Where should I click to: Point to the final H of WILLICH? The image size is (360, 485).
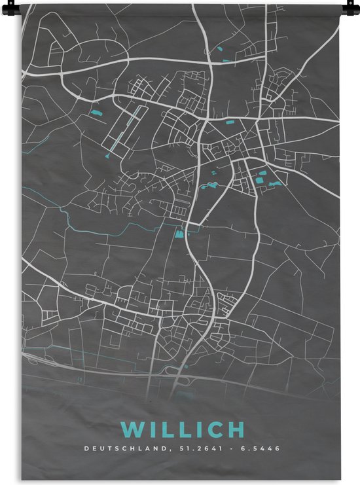click(232, 430)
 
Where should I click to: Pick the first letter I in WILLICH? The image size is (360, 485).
click(152, 430)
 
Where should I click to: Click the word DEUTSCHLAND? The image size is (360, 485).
click(120, 450)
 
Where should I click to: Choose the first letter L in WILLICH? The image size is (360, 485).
click(168, 430)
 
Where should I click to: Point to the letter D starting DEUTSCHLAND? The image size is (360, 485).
click(85, 450)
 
